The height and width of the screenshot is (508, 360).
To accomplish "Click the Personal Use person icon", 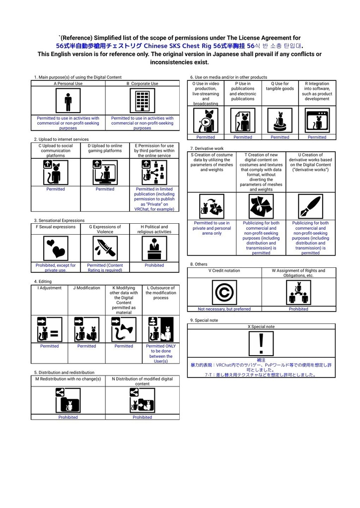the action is point(68,101).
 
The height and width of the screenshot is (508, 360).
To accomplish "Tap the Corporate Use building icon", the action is point(142,101).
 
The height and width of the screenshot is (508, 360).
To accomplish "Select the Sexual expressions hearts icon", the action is point(56,248).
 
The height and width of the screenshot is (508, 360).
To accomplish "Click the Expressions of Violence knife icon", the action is point(105,248).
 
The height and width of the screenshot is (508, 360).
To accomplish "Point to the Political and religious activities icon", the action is point(154,248).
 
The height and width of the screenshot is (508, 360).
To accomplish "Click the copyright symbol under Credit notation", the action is point(224,293).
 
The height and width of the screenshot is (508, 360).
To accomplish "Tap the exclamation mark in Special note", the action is point(261,344).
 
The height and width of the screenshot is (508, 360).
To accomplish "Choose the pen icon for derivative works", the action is point(310,206).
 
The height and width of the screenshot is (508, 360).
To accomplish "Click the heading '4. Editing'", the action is point(43,282).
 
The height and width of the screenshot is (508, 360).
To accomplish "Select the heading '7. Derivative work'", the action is point(207,148).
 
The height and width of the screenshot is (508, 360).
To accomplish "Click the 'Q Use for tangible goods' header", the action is point(280,86).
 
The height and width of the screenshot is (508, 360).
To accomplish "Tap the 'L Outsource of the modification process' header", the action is point(161,293).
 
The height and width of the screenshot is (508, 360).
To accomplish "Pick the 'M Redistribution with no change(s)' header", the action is point(68,379).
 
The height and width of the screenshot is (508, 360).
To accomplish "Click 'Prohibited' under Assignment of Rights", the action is point(298,309).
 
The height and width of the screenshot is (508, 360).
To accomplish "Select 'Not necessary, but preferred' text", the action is point(224,309).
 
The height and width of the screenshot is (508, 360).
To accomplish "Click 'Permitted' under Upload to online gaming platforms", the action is point(105,189).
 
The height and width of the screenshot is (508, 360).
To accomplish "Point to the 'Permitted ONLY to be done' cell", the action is point(161,353).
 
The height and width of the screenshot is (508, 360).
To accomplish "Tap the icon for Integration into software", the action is point(317,121).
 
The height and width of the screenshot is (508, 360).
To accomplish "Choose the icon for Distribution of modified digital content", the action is point(142,400).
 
